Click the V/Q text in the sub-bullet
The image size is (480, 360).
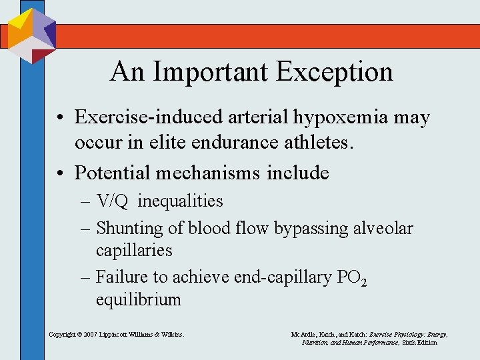[114, 201]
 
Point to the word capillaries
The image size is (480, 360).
[134, 251]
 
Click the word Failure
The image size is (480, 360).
[121, 275]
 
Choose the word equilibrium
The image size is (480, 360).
[138, 299]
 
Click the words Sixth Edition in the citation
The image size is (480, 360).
[419, 342]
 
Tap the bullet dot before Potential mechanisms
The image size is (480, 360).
[60, 173]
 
